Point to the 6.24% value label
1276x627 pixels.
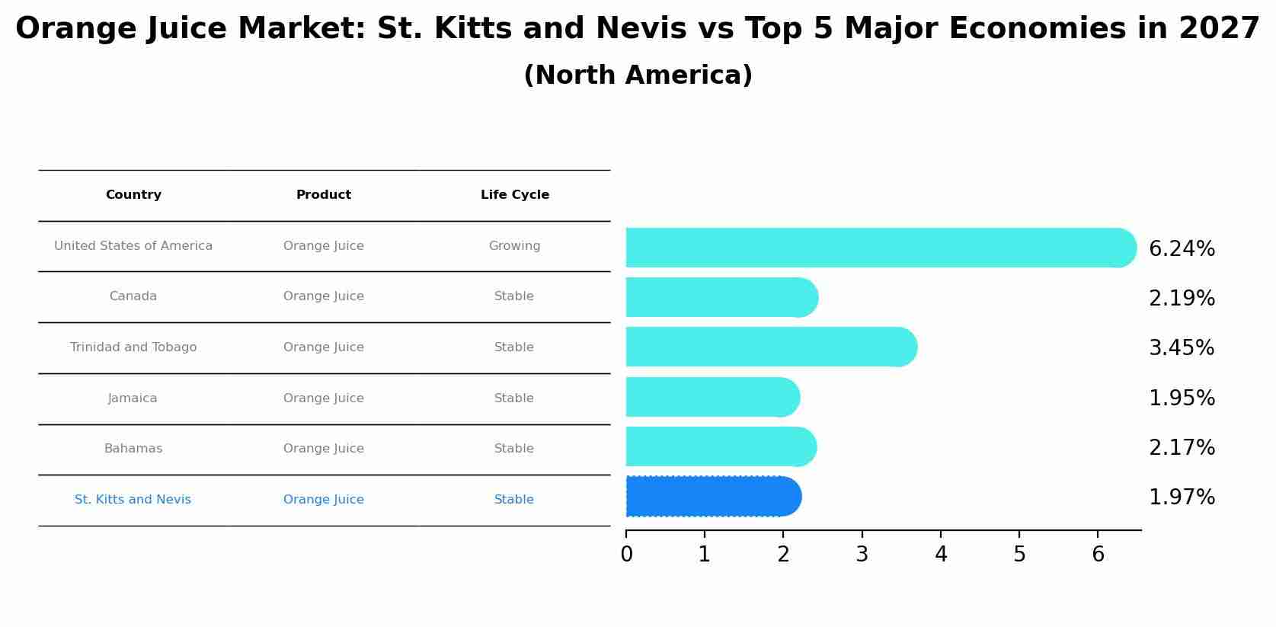(x=1182, y=249)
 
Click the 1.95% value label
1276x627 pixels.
(x=1182, y=398)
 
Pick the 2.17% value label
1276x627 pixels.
(x=1182, y=448)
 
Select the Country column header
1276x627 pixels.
(x=133, y=195)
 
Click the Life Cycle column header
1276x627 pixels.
(x=515, y=195)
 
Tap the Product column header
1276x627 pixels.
(x=324, y=195)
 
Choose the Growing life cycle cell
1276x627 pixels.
(x=515, y=246)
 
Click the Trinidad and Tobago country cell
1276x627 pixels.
(x=133, y=347)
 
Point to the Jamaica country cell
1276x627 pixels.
(x=133, y=398)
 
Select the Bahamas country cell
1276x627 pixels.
(x=133, y=449)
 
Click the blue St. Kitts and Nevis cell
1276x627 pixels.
(x=133, y=500)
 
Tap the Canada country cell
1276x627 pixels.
(x=133, y=296)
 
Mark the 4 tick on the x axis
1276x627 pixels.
(x=941, y=555)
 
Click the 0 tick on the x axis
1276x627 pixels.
(x=626, y=555)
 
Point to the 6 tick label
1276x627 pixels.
(x=1098, y=555)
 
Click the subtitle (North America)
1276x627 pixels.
(x=638, y=75)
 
